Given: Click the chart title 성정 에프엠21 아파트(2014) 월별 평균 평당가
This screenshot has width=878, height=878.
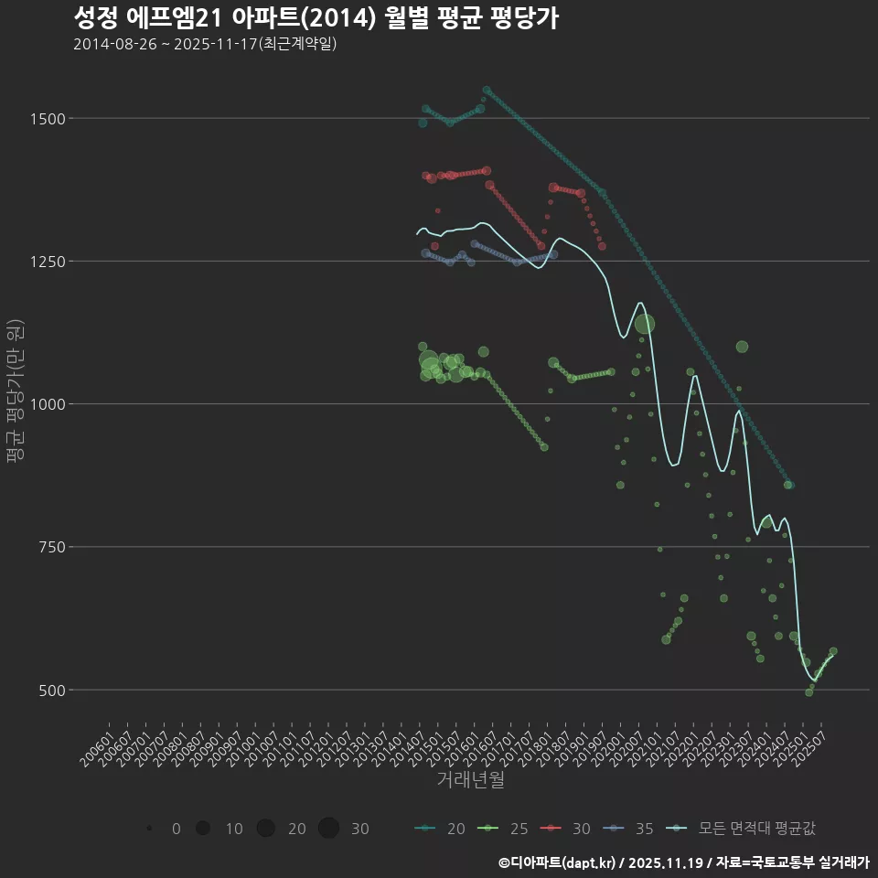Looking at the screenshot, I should point(316,18).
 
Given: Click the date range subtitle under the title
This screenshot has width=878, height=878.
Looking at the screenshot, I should point(205,44).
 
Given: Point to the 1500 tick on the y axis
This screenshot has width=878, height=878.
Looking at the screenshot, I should point(47,119).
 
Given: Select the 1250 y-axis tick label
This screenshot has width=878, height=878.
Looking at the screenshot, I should point(47,262).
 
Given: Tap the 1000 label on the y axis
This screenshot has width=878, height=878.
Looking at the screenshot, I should point(47,404).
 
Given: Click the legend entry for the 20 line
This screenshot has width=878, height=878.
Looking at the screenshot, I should point(440,829).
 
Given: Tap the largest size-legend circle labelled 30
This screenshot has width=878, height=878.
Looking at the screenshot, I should point(329,829).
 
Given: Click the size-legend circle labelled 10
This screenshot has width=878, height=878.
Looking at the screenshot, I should point(203,829).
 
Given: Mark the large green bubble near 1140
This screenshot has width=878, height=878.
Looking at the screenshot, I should point(645,324).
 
